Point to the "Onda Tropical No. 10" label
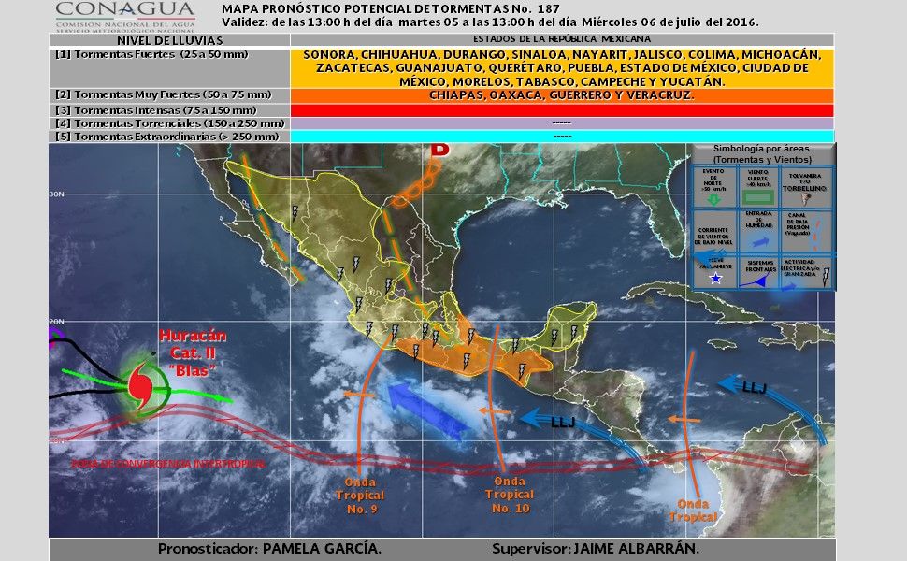[510, 494]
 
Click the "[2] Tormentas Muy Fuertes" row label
[164, 94]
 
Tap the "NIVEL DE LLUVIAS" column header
[170, 41]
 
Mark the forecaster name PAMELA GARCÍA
[322, 549]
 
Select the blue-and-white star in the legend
[715, 279]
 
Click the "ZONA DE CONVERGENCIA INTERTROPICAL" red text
[168, 463]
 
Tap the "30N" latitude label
[56, 194]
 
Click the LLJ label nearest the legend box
[754, 386]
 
